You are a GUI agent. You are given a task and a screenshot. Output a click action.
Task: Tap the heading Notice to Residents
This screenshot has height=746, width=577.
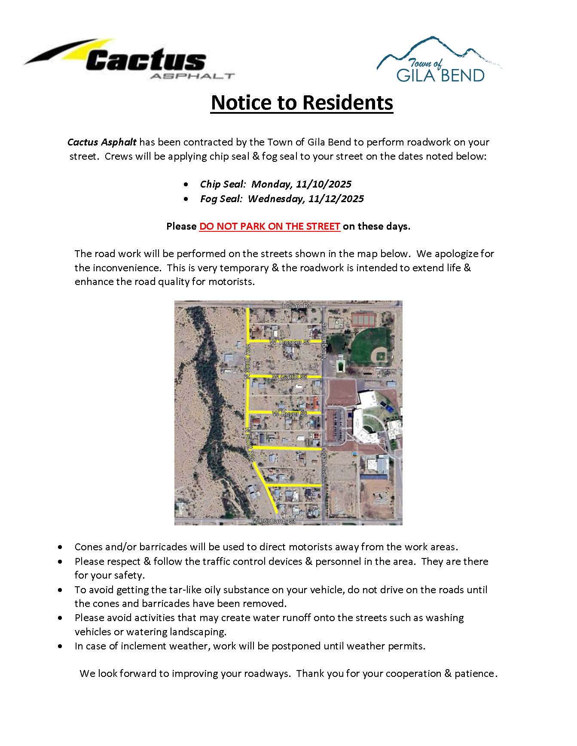(x=302, y=103)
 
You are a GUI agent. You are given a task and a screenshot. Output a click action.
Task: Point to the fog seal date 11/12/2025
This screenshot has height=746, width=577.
(x=336, y=199)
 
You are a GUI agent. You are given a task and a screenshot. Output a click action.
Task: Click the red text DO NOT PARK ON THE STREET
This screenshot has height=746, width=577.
(x=270, y=226)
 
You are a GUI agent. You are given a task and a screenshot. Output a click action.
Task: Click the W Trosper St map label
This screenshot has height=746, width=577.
(x=290, y=343)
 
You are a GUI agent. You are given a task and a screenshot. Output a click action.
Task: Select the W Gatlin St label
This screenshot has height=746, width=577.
(x=290, y=377)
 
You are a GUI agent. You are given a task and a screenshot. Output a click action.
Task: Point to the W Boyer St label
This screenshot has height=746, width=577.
(x=289, y=413)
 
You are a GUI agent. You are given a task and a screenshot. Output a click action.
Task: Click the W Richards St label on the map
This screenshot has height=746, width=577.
(x=275, y=521)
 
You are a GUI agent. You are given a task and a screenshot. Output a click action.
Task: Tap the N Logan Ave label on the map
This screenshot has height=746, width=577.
(x=324, y=341)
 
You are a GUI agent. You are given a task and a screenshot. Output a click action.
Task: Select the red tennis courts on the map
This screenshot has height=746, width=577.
(x=363, y=319)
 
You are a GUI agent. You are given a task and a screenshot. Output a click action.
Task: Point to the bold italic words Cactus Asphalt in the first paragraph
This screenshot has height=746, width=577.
(x=102, y=142)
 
